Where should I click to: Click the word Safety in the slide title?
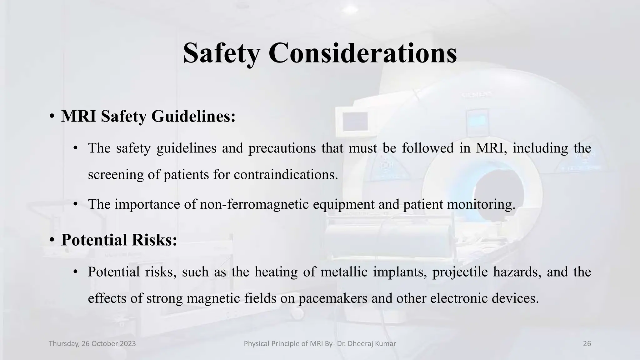pos(221,53)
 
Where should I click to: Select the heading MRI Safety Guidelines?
pos(148,116)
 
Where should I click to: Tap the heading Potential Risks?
pos(119,240)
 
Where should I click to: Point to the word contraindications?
pos(286,174)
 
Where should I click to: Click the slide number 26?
pos(587,344)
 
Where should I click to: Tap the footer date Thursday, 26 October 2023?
pos(92,344)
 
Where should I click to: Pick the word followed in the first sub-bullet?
pos(427,148)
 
